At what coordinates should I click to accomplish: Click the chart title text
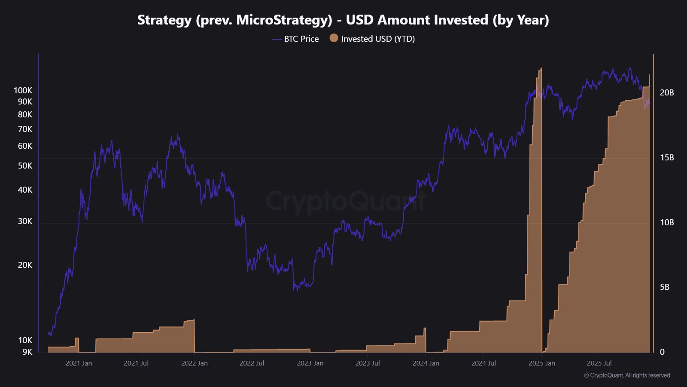coord(343,20)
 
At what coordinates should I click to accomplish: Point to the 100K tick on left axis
coord(23,90)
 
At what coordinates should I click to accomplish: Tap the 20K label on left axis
coord(25,265)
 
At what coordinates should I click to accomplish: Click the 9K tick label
coord(27,352)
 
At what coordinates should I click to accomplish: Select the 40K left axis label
coord(25,190)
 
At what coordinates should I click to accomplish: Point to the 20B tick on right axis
coord(667,92)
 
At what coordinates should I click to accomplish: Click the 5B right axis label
coord(665,287)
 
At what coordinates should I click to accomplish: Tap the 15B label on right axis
coord(667,157)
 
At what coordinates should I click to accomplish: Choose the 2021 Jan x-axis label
coord(79,363)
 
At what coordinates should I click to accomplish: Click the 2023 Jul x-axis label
coord(368,363)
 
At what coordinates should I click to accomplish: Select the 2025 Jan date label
coord(541,363)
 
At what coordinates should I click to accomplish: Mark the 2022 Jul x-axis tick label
coord(252,363)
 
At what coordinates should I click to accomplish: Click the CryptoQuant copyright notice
coord(627,375)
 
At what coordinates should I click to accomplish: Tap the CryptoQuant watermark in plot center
coord(346,201)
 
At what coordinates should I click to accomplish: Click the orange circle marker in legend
coord(334,38)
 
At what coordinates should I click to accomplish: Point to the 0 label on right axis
coord(662,352)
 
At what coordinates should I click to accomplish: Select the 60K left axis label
coord(25,146)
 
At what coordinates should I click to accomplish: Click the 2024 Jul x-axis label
coord(483,363)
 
